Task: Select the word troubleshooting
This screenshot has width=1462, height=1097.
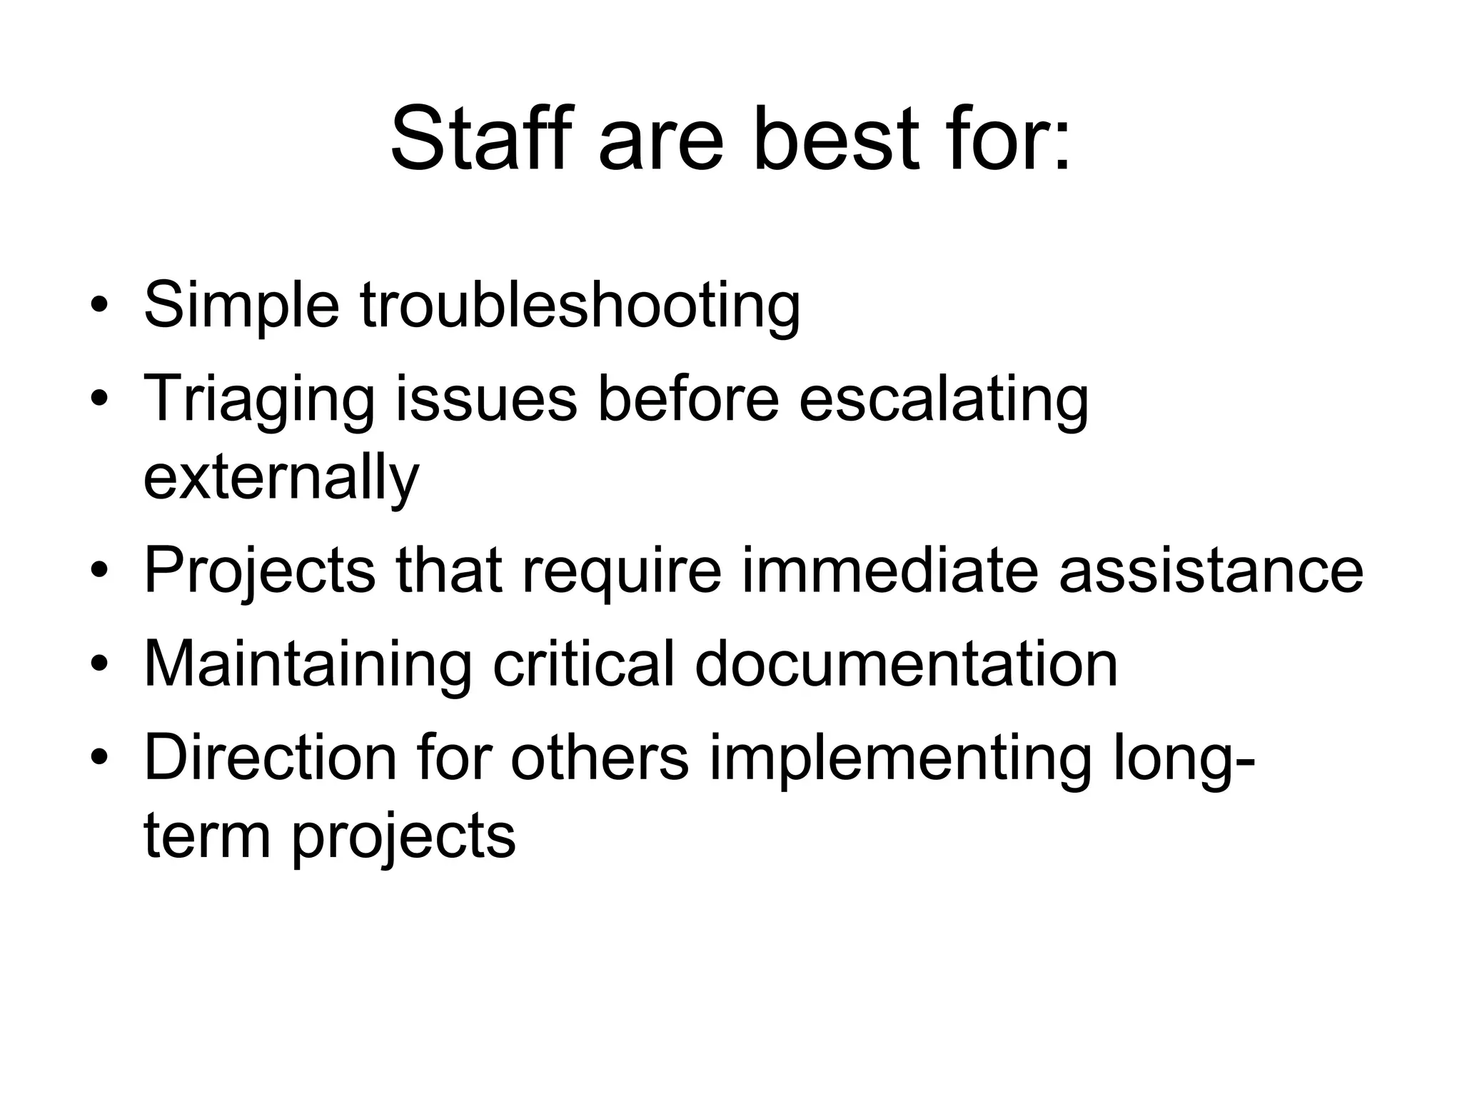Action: point(580,306)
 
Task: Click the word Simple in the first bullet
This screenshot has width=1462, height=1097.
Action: point(241,306)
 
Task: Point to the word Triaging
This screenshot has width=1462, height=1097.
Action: point(259,400)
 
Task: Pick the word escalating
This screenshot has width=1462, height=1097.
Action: point(944,400)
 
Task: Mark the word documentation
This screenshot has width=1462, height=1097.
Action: point(906,664)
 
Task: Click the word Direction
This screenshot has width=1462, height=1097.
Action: point(270,758)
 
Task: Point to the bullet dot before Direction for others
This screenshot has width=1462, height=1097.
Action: point(99,759)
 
